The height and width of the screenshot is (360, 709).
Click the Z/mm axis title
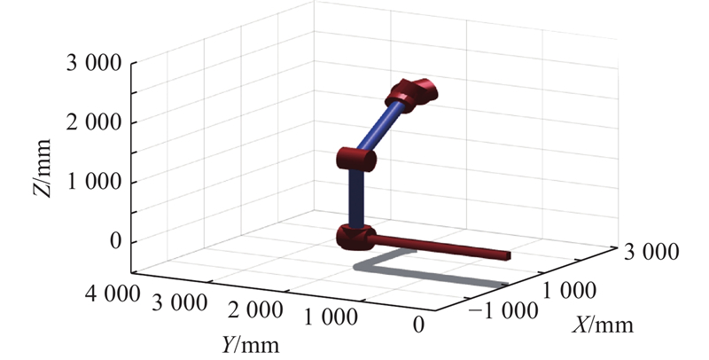click(x=42, y=168)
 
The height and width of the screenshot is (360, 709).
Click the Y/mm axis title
click(x=250, y=345)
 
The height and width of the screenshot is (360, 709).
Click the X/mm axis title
click(x=603, y=325)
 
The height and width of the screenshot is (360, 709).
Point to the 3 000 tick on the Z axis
click(x=94, y=63)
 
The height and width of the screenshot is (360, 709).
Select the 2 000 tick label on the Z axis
click(x=94, y=122)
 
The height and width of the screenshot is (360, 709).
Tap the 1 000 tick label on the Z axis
click(x=94, y=182)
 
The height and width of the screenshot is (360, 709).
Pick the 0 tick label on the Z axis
click(x=116, y=241)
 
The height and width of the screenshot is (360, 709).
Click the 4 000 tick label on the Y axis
click(x=113, y=294)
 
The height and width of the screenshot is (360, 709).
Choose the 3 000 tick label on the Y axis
click(x=180, y=302)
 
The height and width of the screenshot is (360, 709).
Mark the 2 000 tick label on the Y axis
click(x=255, y=310)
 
